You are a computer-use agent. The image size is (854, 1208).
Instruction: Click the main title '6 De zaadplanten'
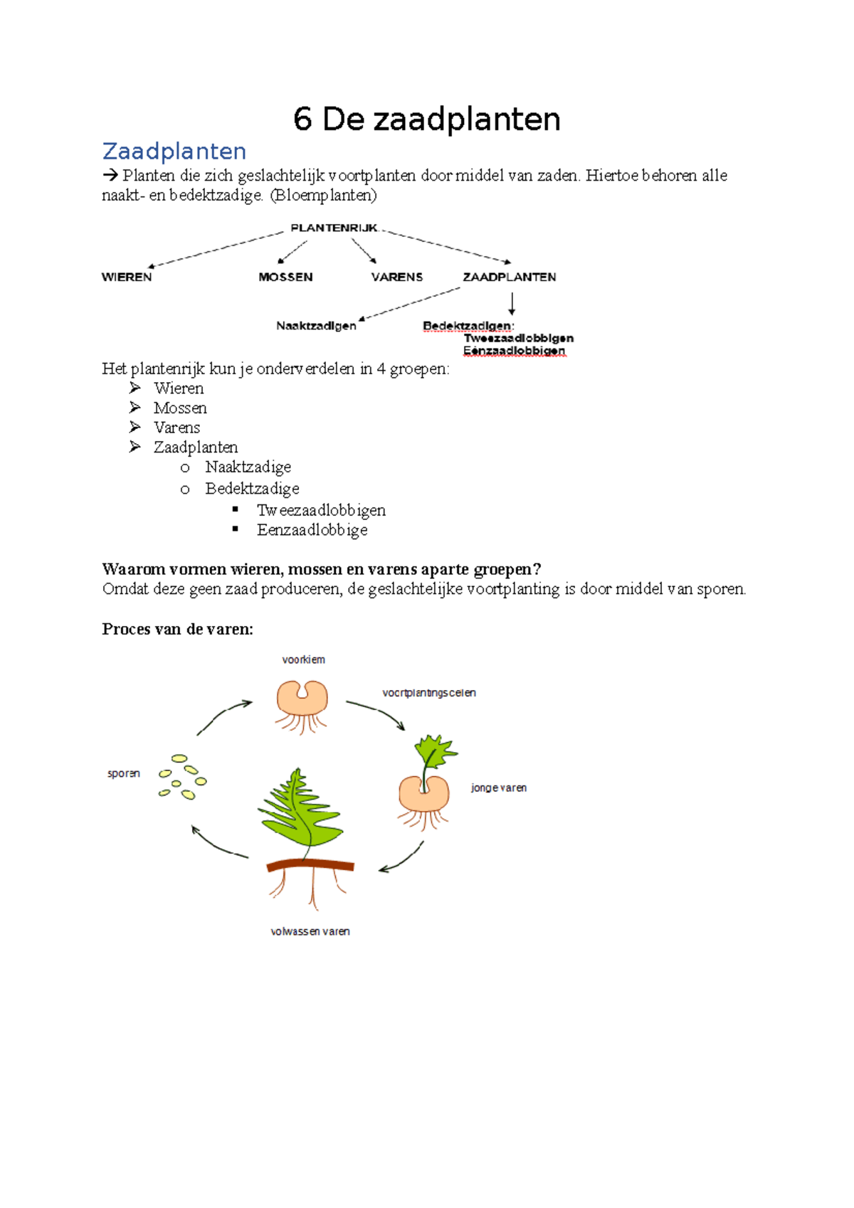click(x=426, y=120)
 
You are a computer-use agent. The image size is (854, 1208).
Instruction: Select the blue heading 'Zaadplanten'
click(x=174, y=152)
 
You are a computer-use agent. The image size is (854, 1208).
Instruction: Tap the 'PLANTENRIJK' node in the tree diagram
click(x=334, y=228)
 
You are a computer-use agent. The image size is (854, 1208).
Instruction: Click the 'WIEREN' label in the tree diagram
click(x=127, y=277)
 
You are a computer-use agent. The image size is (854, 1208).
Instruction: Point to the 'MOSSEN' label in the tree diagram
click(x=285, y=277)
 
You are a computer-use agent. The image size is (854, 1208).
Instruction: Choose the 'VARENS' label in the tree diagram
click(x=396, y=277)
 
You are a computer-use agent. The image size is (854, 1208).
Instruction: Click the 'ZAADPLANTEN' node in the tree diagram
click(x=510, y=277)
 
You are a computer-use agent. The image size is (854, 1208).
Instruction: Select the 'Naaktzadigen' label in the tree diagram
click(x=316, y=326)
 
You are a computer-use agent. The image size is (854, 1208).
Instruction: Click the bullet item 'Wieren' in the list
click(x=179, y=388)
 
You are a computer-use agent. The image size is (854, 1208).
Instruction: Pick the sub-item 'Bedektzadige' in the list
click(x=252, y=489)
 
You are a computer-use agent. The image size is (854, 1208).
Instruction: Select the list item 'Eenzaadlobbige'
click(x=312, y=530)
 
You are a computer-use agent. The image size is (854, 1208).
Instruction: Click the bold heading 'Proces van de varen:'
click(x=177, y=629)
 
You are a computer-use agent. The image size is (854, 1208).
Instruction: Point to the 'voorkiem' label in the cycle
click(x=303, y=659)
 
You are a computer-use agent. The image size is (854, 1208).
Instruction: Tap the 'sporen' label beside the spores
click(x=124, y=773)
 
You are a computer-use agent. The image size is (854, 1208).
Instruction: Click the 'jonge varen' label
click(x=499, y=788)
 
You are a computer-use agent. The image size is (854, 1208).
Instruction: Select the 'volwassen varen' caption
click(x=310, y=931)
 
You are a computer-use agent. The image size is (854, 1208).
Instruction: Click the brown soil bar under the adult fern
click(x=310, y=865)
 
